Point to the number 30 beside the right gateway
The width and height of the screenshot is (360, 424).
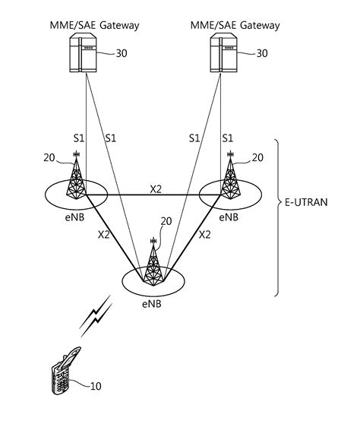(x=261, y=53)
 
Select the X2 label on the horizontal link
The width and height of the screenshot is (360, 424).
(x=155, y=189)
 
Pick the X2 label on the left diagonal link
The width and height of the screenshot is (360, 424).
(x=104, y=235)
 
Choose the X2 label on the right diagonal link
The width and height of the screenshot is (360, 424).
(x=204, y=235)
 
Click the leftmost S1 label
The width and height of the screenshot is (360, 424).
(x=78, y=138)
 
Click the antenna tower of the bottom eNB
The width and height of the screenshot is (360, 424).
(x=153, y=263)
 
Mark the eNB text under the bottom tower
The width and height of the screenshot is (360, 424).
(x=152, y=302)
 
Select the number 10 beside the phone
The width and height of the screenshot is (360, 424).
(x=96, y=386)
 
